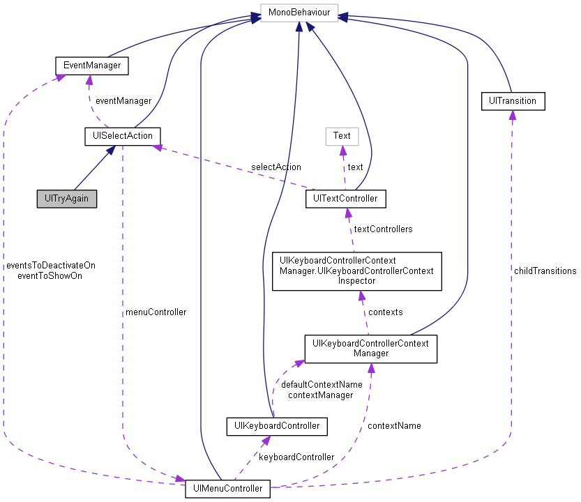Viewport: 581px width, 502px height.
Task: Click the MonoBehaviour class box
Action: tap(299, 13)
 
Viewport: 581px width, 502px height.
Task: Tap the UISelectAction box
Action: tap(122, 136)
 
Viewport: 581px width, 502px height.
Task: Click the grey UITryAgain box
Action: tap(67, 199)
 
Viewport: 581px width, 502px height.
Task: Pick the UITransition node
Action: tap(513, 101)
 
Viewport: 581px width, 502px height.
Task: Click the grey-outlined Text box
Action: tap(342, 136)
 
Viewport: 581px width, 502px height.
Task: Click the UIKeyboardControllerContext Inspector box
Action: tap(356, 271)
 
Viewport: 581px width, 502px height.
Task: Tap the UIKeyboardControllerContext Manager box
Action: tap(370, 348)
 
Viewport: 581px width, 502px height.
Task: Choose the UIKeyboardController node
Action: tap(277, 425)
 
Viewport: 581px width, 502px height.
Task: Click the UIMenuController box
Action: tap(227, 489)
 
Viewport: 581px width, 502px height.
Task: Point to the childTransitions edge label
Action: tap(545, 271)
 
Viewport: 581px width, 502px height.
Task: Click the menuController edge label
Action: tap(155, 312)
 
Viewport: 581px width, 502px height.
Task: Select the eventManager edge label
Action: tap(123, 101)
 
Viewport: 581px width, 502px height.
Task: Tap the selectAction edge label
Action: tap(276, 167)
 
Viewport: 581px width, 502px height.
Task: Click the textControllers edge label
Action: tap(383, 229)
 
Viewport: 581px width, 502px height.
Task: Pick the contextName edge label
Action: tap(394, 425)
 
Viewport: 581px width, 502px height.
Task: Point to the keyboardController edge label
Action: tap(296, 457)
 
